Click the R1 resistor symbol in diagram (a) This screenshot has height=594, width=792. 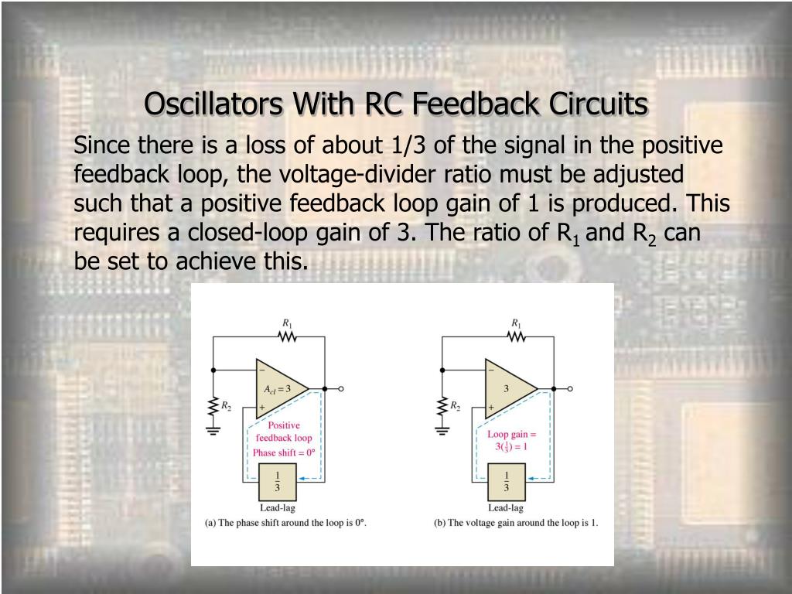[288, 336]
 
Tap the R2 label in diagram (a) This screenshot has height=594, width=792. [226, 406]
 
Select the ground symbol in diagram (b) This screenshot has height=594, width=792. [442, 428]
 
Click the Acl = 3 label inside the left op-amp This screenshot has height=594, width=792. [276, 388]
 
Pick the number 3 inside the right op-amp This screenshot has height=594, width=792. [507, 388]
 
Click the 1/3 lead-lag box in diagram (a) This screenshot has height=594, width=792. [277, 482]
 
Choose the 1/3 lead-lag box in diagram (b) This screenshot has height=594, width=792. [506, 482]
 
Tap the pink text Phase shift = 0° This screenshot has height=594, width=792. [284, 452]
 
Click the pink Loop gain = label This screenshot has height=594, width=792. [512, 435]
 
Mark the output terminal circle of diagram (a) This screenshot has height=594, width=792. [341, 389]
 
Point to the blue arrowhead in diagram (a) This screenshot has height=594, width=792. [303, 480]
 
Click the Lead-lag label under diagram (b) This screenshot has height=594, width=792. [506, 508]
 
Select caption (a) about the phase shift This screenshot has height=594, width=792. [285, 524]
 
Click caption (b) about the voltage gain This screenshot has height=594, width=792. [516, 524]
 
